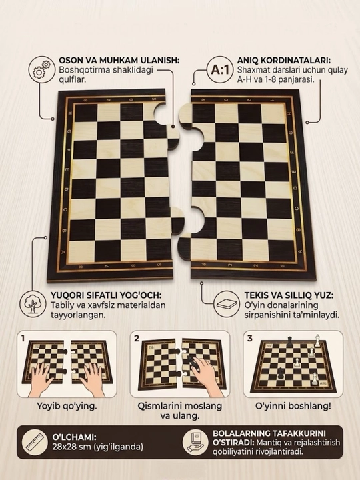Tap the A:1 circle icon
[220, 69]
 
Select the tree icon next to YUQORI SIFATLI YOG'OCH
[33, 304]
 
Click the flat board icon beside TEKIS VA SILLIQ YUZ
[227, 304]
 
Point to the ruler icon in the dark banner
[35, 442]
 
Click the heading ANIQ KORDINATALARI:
[284, 60]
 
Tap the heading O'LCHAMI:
[75, 437]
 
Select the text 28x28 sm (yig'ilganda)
[97, 447]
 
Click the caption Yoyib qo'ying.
[67, 406]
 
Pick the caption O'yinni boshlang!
[293, 406]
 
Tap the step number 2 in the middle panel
[137, 338]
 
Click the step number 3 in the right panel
[250, 338]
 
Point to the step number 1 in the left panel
[23, 338]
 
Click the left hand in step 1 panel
[41, 379]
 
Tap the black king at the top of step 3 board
[289, 341]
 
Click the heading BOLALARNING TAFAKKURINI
[269, 433]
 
